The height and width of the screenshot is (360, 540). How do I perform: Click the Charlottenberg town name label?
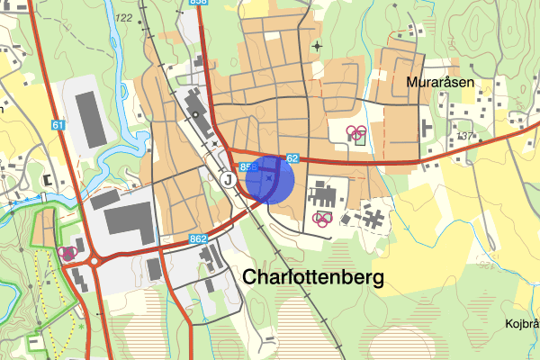click(x=313, y=277)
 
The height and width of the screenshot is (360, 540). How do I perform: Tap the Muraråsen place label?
click(x=440, y=82)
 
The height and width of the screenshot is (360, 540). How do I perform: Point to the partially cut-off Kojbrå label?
click(x=521, y=324)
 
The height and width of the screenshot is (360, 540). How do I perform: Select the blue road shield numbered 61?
click(x=58, y=126)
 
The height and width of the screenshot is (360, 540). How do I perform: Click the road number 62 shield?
click(x=292, y=158)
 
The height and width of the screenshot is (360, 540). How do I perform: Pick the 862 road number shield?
click(x=199, y=239)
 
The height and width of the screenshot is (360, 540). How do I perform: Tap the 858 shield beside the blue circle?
click(x=248, y=167)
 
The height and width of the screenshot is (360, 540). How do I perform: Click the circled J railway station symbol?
click(x=228, y=179)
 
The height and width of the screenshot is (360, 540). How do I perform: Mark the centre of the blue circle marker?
click(x=269, y=181)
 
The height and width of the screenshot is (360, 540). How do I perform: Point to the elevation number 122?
click(x=123, y=18)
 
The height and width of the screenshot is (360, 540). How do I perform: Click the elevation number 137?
click(x=464, y=136)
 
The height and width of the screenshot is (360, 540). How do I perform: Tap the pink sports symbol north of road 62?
click(x=357, y=134)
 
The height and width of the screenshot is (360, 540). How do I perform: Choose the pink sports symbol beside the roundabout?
click(x=67, y=253)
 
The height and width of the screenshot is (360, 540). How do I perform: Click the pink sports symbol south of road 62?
click(x=321, y=219)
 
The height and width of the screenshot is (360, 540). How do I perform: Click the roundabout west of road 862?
click(x=93, y=262)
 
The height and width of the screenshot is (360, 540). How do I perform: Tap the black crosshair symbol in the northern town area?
click(x=316, y=45)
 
